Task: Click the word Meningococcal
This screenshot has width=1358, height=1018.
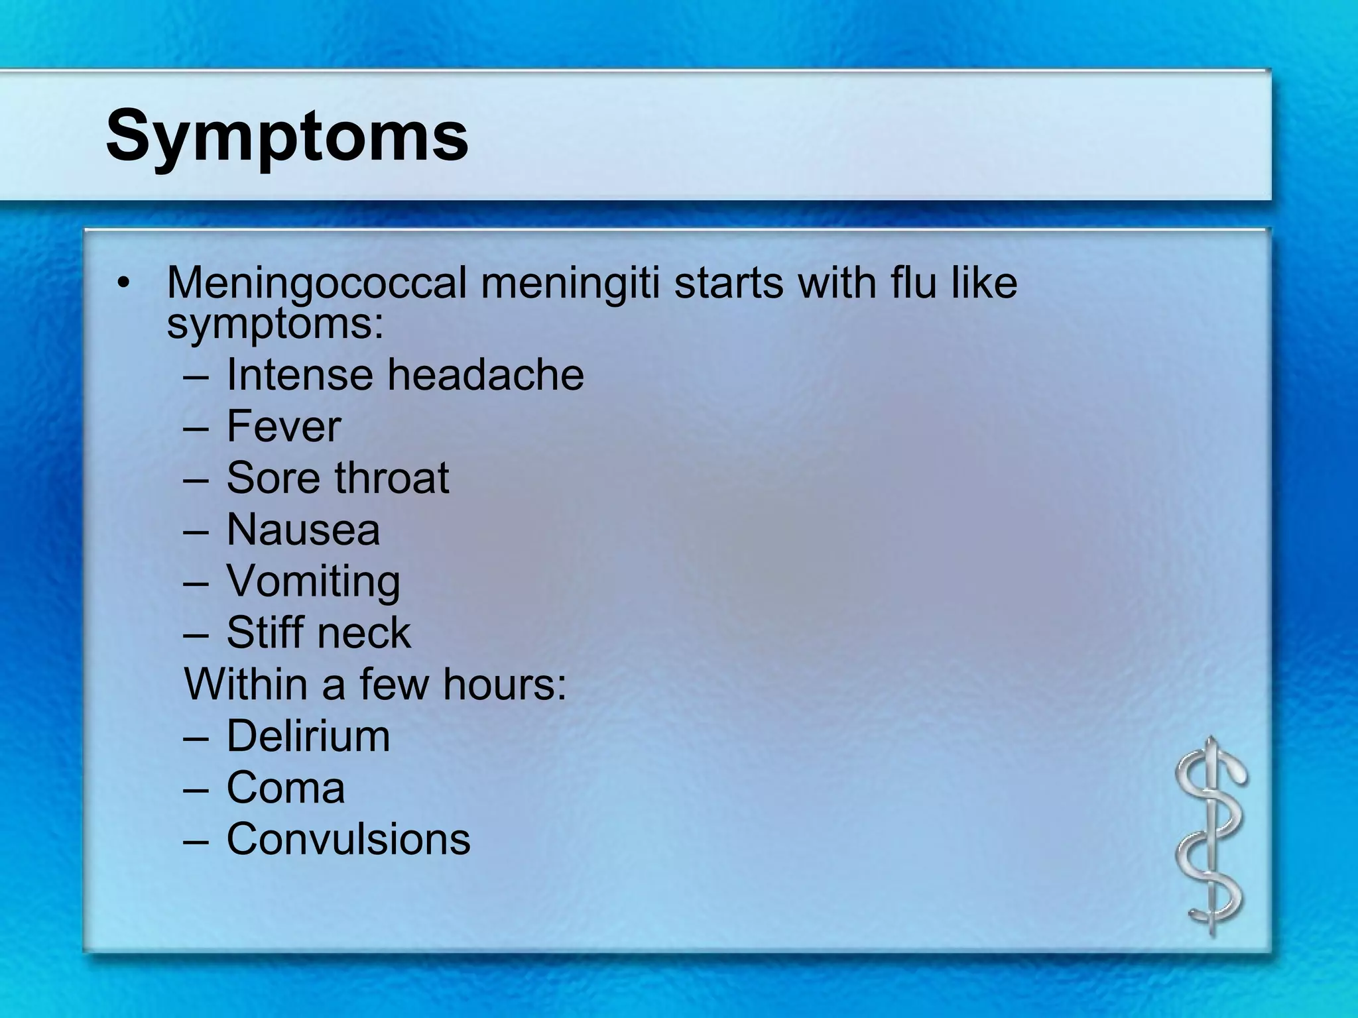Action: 317,283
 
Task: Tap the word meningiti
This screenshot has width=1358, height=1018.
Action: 570,283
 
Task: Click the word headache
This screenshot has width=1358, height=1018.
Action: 485,374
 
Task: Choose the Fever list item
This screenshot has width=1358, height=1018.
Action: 284,426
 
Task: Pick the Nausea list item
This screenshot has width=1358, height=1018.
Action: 303,530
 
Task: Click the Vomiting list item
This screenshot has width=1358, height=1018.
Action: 313,581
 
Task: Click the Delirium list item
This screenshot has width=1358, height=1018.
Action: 308,736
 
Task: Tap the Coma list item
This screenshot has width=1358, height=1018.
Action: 286,787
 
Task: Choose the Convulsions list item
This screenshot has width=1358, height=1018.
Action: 348,839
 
